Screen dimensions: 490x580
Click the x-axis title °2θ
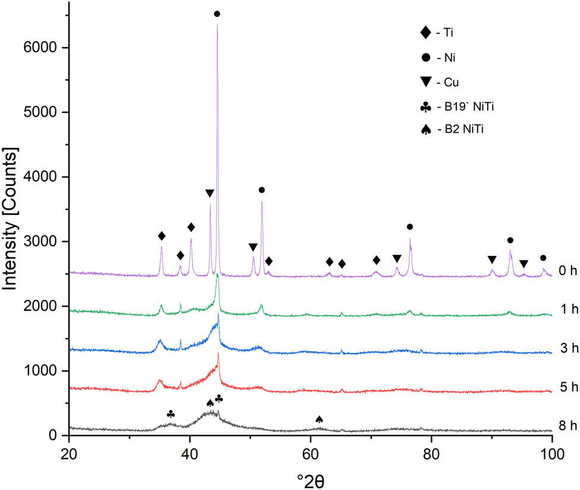(310, 479)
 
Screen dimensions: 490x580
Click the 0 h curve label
(568, 271)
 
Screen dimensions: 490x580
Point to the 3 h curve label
(568, 349)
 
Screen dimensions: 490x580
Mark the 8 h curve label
(568, 426)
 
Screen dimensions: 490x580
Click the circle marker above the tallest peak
(217, 14)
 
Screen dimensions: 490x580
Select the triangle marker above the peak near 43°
(209, 193)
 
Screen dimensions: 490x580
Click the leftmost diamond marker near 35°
(161, 236)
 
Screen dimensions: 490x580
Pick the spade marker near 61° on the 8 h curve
(319, 403)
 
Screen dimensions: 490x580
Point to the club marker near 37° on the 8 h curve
(171, 397)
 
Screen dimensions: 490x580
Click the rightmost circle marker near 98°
(543, 258)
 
